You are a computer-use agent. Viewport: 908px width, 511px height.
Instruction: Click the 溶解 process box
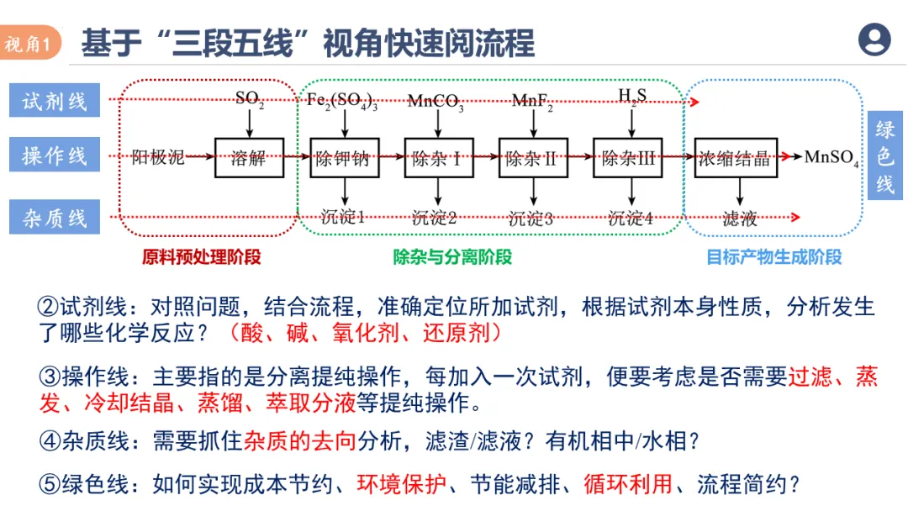click(x=249, y=157)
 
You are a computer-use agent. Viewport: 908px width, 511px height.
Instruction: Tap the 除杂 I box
click(x=436, y=157)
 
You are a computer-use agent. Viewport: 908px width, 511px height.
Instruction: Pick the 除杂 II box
click(x=531, y=157)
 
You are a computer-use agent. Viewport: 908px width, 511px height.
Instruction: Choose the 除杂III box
click(x=627, y=157)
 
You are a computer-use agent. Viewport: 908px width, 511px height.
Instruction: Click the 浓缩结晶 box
click(x=735, y=157)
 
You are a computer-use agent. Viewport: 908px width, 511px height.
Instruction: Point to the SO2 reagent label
click(x=250, y=99)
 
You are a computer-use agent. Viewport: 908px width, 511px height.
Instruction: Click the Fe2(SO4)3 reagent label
click(x=341, y=101)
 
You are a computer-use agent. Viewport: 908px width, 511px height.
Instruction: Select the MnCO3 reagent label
click(x=436, y=102)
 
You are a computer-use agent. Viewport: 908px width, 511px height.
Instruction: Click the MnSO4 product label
click(x=831, y=157)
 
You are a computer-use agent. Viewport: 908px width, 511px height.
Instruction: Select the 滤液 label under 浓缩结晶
click(x=740, y=219)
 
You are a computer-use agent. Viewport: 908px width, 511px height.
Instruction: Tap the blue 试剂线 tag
click(x=55, y=101)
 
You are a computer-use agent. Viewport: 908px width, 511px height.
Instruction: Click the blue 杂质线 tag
click(x=55, y=218)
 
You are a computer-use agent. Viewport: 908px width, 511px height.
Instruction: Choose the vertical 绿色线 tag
click(x=885, y=156)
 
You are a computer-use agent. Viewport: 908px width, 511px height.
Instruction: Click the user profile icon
click(x=874, y=39)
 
